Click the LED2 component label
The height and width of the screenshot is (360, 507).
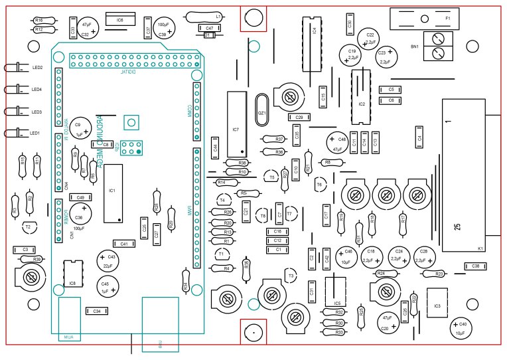coord(37,68)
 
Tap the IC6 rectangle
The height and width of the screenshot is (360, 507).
coord(120,21)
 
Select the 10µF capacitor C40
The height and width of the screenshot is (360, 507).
coord(460,327)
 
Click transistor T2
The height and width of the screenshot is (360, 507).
coord(28,228)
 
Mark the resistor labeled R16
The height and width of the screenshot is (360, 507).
coord(38,21)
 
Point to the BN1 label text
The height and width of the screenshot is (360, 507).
coord(415,46)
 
